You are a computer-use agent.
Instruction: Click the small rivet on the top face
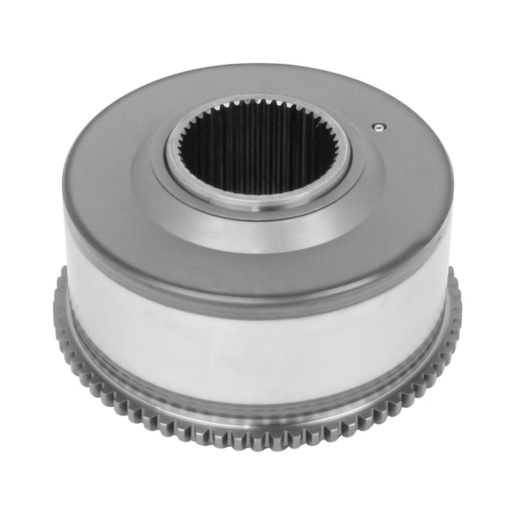pos(378,126)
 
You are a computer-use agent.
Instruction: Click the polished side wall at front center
pos(257,350)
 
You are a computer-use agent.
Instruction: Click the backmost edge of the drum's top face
pos(257,67)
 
